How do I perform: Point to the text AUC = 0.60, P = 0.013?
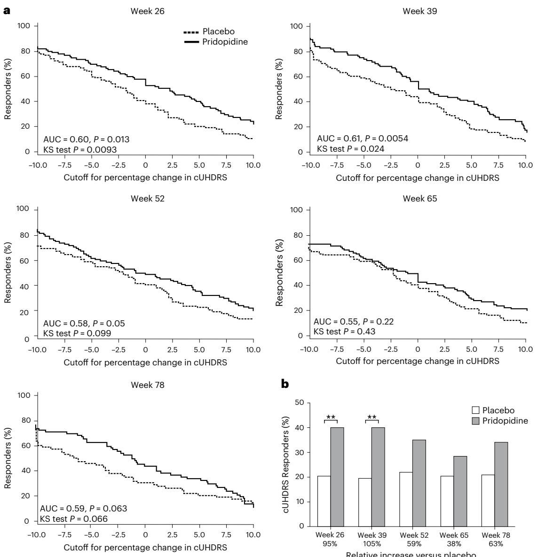pyautogui.click(x=86, y=139)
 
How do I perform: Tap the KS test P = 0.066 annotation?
pyautogui.click(x=73, y=518)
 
